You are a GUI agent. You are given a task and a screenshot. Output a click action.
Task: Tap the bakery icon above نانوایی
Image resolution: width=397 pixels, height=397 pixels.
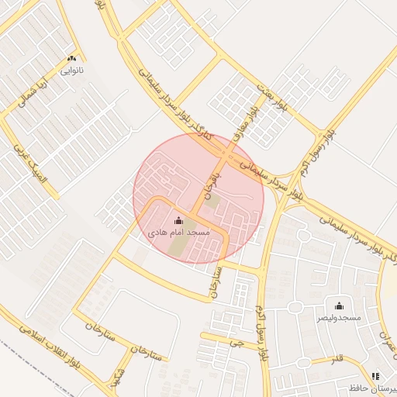click(x=73, y=58)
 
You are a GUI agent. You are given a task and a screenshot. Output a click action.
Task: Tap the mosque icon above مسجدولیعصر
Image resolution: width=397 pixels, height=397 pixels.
click(x=340, y=306)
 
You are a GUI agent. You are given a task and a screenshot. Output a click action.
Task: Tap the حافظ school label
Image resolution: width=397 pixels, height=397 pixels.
click(x=376, y=387)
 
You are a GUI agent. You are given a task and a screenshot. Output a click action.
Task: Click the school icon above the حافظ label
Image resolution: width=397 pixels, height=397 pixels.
click(x=375, y=375)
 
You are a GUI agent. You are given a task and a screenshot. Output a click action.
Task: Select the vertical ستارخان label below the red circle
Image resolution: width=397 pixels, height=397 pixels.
click(x=216, y=281)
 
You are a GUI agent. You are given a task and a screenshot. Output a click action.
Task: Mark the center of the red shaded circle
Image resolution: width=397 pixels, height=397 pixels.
click(x=198, y=198)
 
